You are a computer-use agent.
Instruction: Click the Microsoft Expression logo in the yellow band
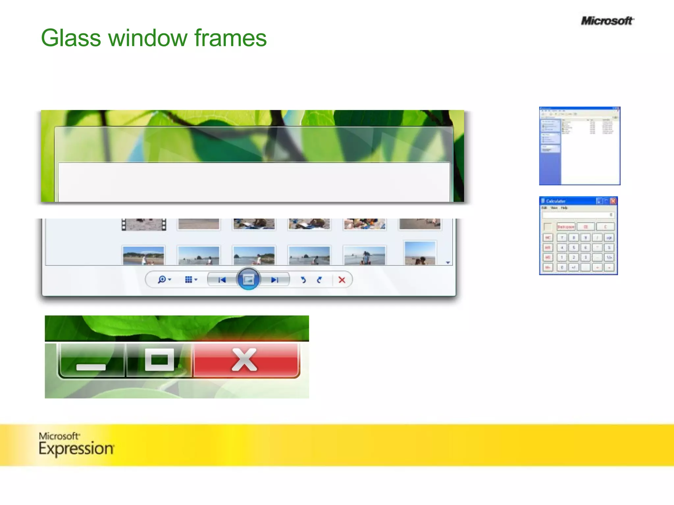coord(76,445)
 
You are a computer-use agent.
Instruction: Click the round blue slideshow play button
coord(248,279)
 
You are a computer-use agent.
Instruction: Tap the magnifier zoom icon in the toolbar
coord(162,280)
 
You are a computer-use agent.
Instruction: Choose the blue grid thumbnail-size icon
coord(189,280)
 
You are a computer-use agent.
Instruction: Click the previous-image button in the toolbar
coord(222,280)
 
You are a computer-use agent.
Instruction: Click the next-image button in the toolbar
coord(274,280)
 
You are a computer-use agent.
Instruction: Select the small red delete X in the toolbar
coord(342,280)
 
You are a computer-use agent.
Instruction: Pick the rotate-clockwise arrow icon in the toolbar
coord(319,280)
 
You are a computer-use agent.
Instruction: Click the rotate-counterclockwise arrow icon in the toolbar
coord(303,280)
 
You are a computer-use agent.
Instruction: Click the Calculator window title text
coord(556,201)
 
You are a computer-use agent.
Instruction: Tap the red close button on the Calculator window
coord(613,201)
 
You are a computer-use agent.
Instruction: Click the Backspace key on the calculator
coord(566,227)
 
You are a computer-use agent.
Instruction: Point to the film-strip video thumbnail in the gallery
coord(144,225)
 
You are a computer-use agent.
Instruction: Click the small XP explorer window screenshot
coord(580,146)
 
